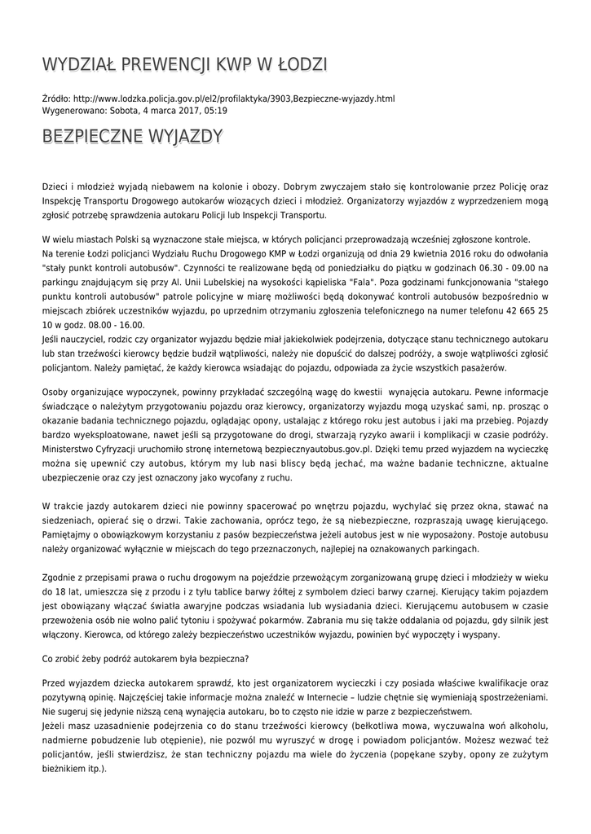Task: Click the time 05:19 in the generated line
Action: (215, 110)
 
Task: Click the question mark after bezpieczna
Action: (249, 658)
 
